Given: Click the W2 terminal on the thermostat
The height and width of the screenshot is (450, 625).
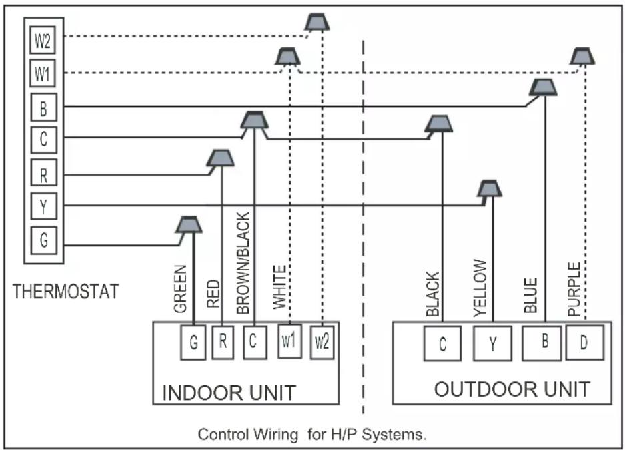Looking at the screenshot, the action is point(43,40).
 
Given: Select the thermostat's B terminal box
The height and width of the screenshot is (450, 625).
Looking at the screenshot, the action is point(43,107).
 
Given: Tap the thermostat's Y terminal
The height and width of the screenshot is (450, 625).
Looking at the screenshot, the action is point(43,206).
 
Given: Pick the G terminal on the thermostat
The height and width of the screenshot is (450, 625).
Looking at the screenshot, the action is point(43,240).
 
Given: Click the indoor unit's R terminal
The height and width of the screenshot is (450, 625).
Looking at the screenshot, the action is point(223,343).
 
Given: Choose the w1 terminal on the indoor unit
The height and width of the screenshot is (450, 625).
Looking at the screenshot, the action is point(289,341).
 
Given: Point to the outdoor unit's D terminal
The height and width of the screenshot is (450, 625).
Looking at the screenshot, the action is point(584,343).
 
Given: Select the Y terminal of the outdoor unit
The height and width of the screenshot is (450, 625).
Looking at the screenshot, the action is point(493,343).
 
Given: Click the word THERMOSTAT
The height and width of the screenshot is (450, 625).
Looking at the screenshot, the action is point(66,292).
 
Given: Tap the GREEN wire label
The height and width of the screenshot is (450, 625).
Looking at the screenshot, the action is point(180,288).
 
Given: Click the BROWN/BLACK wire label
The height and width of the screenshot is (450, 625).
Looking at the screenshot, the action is point(243,263).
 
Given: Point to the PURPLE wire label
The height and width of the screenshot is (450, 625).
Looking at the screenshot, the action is point(574,289).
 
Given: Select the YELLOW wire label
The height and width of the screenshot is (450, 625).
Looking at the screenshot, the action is point(480,288).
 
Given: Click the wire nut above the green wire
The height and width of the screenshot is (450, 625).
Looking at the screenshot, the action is point(189,224).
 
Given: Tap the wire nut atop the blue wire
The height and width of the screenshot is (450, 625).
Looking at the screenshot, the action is point(543,87).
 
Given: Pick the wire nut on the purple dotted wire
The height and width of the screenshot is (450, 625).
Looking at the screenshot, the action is point(582,56).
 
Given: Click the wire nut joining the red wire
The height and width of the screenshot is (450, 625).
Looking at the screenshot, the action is point(220,158).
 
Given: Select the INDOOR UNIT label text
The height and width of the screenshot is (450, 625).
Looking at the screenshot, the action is point(229,393).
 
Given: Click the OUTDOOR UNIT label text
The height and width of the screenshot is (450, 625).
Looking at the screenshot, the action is point(512,389).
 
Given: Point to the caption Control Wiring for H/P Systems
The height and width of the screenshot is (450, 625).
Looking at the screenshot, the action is point(312,434).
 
